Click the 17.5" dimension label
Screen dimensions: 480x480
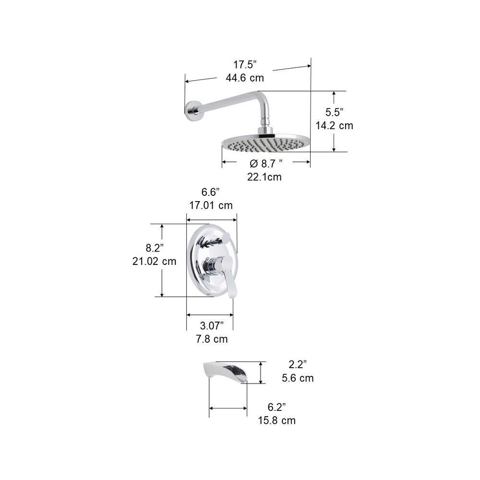pos(245,65)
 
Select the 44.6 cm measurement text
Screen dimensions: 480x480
pos(245,78)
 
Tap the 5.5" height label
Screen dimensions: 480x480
pos(334,112)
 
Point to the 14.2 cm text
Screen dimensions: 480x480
pos(334,125)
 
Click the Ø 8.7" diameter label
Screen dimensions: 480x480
pos(266,164)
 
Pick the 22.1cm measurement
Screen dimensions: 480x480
pos(264,177)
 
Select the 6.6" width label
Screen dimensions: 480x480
pos(211,192)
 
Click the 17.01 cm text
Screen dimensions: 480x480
pos(211,205)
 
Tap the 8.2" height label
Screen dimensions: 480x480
pos(155,248)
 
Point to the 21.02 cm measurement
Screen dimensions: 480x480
pos(154,262)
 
